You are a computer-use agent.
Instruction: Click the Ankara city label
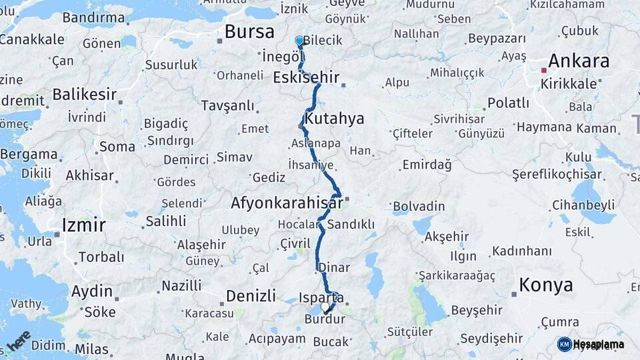pos(579,61)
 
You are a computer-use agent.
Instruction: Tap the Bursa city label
pos(249,31)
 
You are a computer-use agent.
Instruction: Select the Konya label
pos(546,285)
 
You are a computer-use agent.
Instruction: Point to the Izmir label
pos(83,225)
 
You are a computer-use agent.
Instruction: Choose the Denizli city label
pos(251,295)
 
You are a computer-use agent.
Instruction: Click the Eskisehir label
pos(306,77)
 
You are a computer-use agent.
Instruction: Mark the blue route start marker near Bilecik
pos(299,41)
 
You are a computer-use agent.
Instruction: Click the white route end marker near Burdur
pos(325,307)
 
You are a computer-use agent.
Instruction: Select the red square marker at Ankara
pos(544,69)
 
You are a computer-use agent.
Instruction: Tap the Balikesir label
pos(85,94)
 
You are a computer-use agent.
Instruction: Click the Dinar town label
pos(334,267)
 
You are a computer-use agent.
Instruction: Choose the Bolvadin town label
pos(419,206)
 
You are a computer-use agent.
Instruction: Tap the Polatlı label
pos(508,103)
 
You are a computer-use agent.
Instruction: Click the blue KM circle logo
pos(564,344)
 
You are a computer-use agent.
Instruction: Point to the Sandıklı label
pos(351,224)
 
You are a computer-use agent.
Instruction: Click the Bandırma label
pos(94,17)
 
